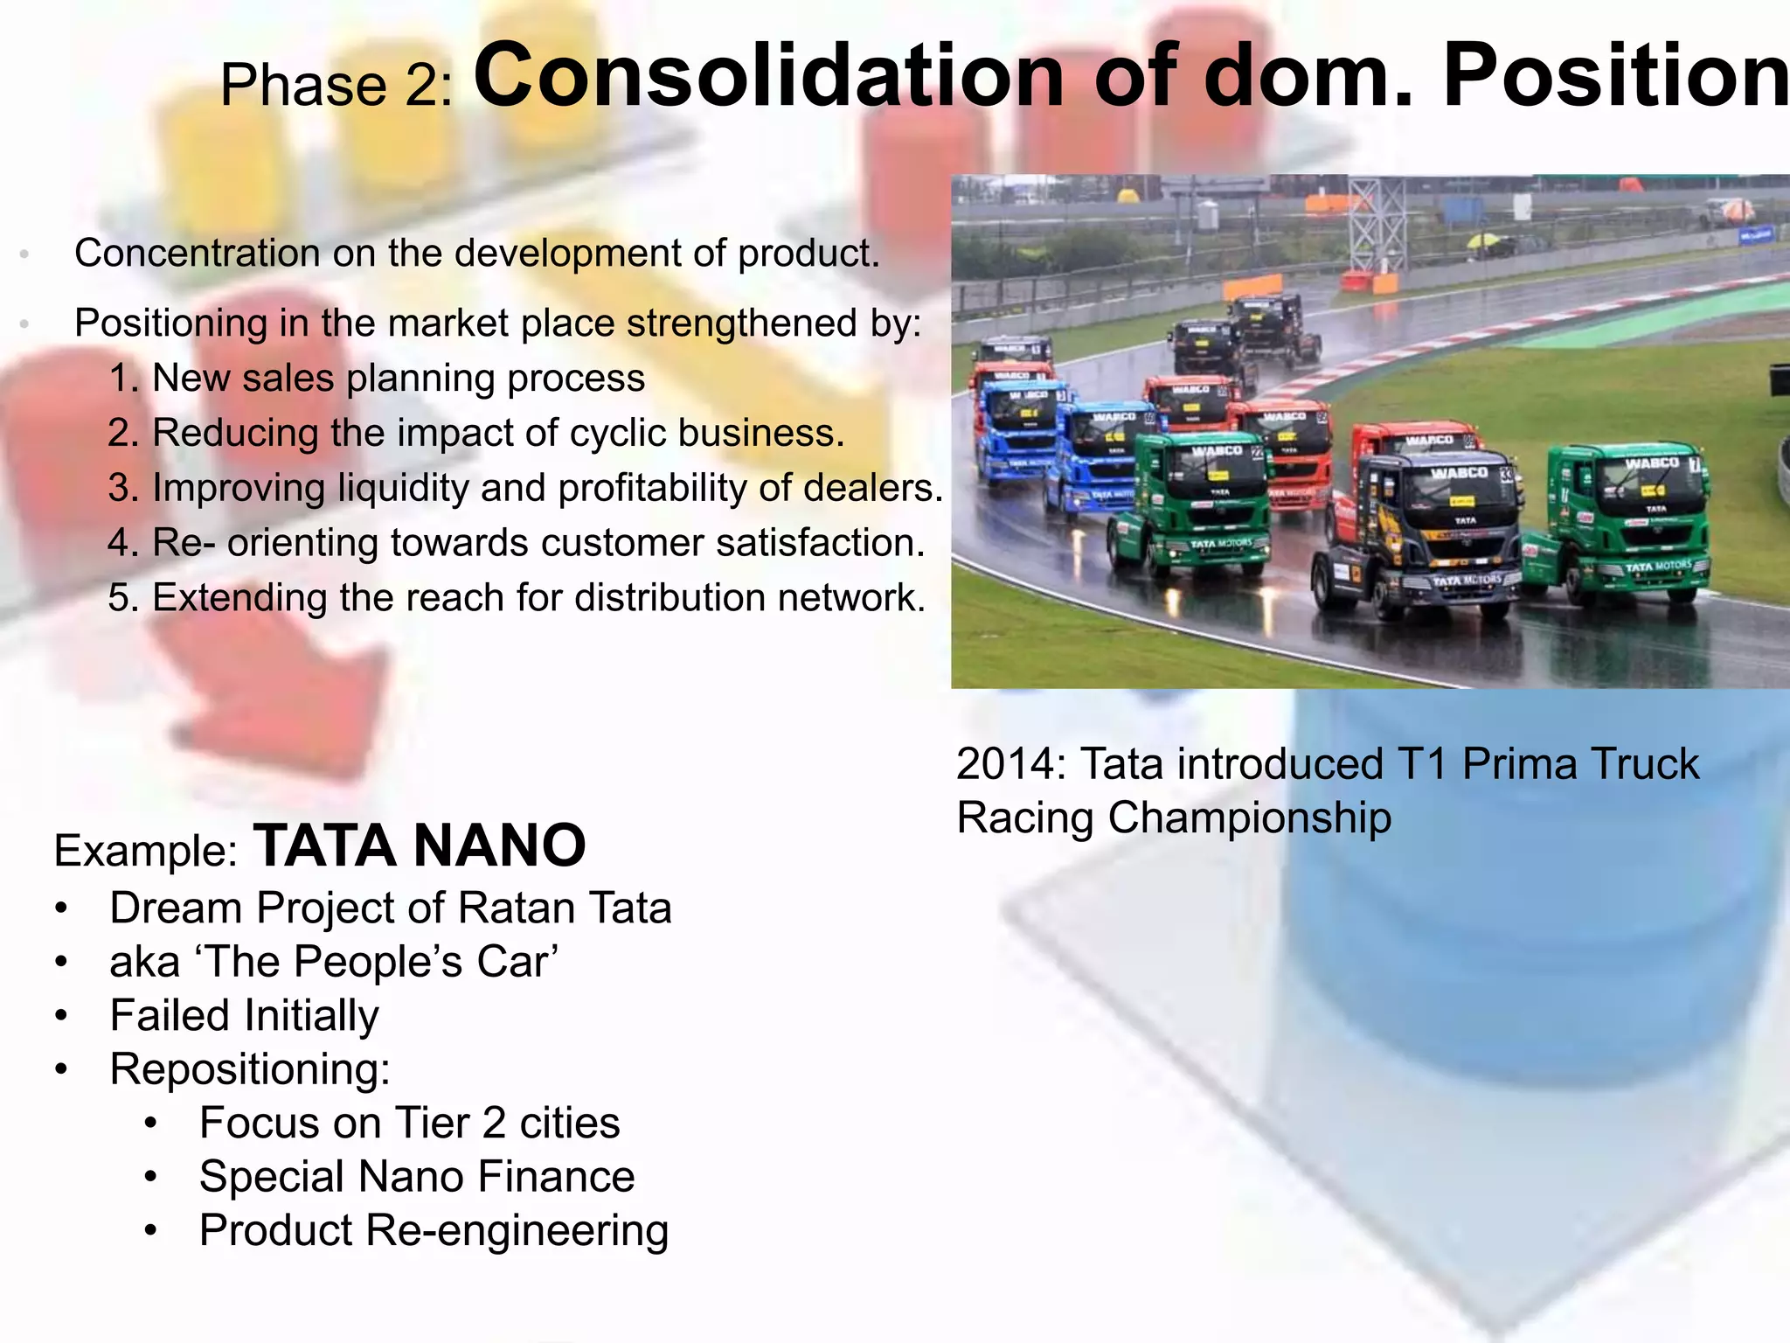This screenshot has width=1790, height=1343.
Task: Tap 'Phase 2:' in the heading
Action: (336, 86)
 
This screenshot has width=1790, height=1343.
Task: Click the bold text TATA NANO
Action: (420, 846)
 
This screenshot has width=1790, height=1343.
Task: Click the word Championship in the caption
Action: (1250, 818)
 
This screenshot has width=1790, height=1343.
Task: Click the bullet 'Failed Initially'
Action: (244, 1016)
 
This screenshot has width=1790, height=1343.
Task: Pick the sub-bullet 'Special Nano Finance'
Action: (417, 1177)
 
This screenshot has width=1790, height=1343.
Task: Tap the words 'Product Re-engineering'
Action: (434, 1231)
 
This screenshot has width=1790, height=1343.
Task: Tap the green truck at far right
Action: (1626, 525)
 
